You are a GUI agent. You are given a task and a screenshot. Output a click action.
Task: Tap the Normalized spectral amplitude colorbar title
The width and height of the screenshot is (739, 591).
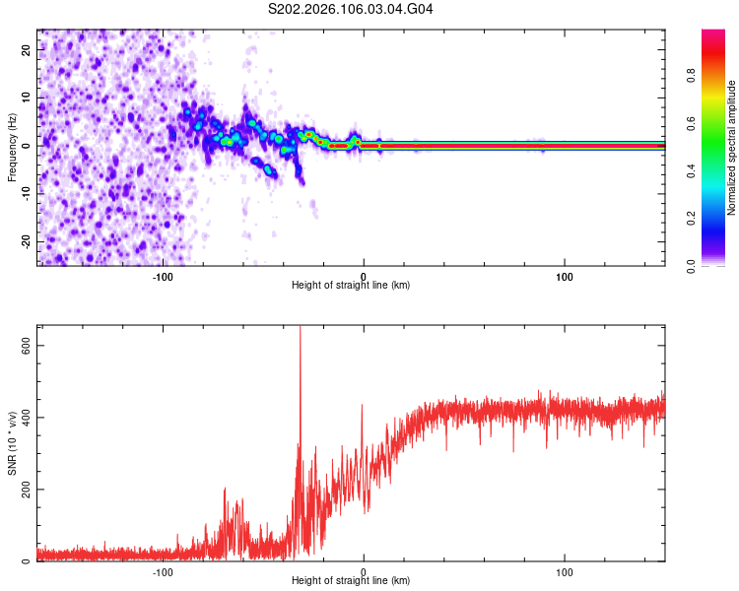point(731,148)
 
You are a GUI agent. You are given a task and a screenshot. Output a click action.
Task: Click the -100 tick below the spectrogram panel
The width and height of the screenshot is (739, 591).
point(163,275)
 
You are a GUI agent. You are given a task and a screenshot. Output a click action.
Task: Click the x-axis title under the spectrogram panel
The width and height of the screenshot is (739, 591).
point(351,286)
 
